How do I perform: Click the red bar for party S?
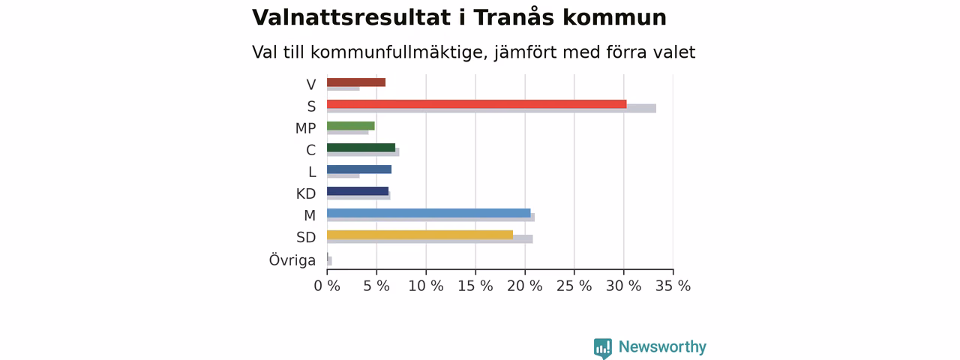tap(476, 104)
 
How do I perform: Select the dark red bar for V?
tap(356, 82)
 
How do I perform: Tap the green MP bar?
tap(350, 126)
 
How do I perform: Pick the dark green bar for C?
tap(361, 148)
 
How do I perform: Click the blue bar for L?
tap(359, 169)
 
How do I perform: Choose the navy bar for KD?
tap(358, 191)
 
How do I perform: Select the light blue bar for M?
tap(428, 213)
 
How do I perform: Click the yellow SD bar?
tap(420, 235)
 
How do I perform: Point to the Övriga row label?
tap(292, 260)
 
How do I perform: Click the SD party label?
tap(306, 238)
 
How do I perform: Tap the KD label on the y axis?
tap(306, 193)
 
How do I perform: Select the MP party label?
tap(305, 128)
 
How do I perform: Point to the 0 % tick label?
tap(327, 286)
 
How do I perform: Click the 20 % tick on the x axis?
tap(524, 286)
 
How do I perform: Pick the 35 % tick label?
tap(673, 286)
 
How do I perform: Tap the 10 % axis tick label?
tap(425, 286)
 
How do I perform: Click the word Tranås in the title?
tap(514, 17)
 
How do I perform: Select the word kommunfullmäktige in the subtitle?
tap(400, 52)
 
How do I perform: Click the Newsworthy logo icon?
tap(602, 348)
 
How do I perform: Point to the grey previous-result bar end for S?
tap(655, 109)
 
